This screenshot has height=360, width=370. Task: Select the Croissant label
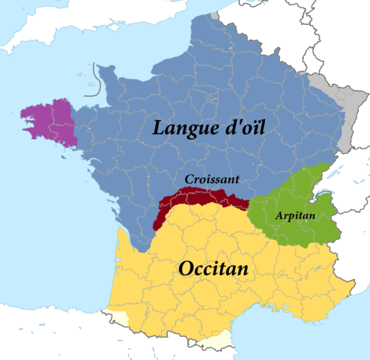[213, 179]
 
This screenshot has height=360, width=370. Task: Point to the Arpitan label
[295, 215]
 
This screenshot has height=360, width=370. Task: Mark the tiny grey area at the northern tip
[215, 14]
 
